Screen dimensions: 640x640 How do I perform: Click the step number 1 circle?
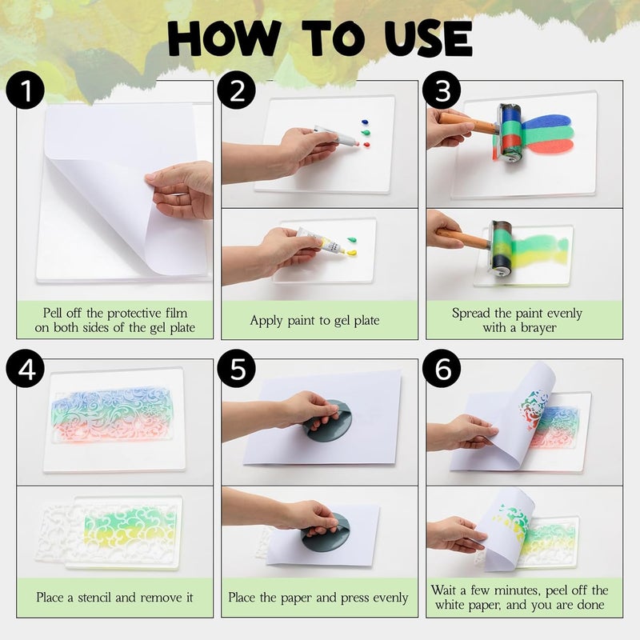[x=26, y=90]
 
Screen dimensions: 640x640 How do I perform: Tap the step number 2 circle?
[x=237, y=90]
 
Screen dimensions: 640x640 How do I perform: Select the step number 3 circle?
[x=442, y=90]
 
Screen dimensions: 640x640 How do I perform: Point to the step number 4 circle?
[x=26, y=369]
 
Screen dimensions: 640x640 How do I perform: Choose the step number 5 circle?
[x=237, y=369]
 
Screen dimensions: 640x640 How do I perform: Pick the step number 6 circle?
[x=442, y=369]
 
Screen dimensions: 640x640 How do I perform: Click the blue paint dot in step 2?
[x=366, y=122]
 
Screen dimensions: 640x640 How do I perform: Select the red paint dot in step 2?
[x=366, y=145]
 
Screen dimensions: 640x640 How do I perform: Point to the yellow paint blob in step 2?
[x=352, y=253]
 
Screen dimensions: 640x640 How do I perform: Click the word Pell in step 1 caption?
[x=53, y=313]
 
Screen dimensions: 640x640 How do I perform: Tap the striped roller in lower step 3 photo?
[x=501, y=248]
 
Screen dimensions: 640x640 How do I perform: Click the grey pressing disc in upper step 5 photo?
[x=329, y=422]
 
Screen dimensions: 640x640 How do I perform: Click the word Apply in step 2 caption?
[x=266, y=321]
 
